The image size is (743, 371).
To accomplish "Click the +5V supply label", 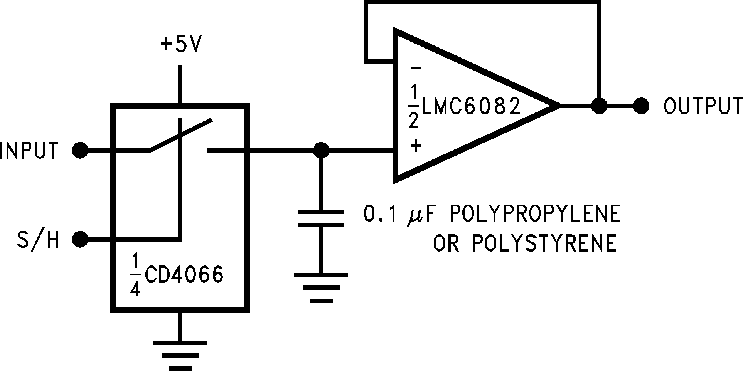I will (181, 45).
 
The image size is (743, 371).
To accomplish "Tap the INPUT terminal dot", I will (80, 150).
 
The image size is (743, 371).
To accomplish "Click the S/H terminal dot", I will (80, 239).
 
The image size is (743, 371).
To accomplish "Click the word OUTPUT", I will (703, 106).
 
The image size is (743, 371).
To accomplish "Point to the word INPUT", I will (29, 151).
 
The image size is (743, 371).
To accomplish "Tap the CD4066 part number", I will (184, 275).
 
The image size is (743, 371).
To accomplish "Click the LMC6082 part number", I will (471, 106).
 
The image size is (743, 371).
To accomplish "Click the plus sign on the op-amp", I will (416, 146).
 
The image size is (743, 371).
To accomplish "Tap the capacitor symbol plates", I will (321, 218).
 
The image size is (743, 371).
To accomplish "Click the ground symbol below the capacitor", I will (321, 287).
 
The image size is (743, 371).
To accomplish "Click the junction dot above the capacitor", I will (321, 150).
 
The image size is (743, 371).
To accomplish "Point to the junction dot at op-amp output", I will (599, 105).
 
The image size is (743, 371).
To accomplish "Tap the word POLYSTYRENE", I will (544, 243).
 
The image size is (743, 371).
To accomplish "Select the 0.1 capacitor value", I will (380, 214).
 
